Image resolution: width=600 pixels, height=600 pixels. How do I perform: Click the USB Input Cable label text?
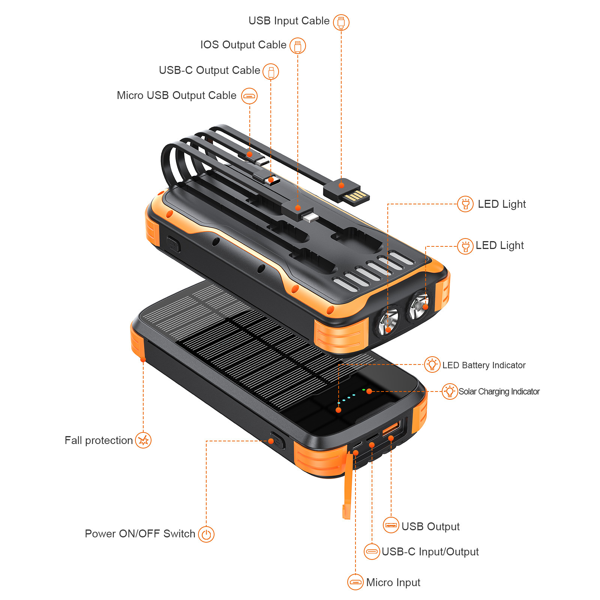[x=289, y=21]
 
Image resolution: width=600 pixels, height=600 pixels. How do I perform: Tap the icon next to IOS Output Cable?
[x=298, y=46]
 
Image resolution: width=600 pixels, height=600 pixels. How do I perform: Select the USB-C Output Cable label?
[x=209, y=70]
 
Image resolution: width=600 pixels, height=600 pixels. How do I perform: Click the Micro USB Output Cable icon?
[x=249, y=96]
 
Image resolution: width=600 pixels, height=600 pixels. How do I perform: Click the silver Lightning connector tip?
[x=310, y=217]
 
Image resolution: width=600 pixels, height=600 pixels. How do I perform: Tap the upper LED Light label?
[x=502, y=204]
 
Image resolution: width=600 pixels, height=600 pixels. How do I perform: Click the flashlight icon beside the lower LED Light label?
[x=465, y=246]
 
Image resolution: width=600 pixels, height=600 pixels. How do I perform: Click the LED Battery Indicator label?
[x=484, y=365]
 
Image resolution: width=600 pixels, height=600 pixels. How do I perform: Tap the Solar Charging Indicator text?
[x=499, y=391]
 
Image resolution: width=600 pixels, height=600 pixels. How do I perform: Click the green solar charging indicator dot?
[x=363, y=390]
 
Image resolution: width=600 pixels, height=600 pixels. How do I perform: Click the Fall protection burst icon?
[x=143, y=440]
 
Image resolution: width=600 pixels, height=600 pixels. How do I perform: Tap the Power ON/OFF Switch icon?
[x=206, y=534]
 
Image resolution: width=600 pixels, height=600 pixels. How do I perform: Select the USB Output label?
[x=430, y=527]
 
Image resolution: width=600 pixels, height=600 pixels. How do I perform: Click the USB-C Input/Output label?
[x=430, y=552]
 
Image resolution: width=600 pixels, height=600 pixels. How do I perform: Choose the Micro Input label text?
[x=393, y=582]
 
